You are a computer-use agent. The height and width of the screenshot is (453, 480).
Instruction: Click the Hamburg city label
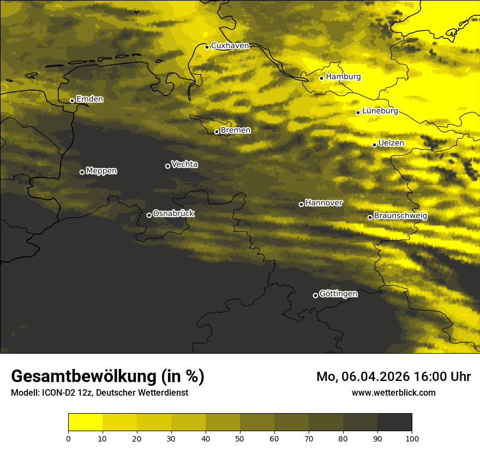click(x=343, y=77)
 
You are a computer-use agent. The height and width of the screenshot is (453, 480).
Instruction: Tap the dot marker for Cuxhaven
click(x=207, y=47)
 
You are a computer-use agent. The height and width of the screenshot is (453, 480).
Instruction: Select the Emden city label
click(x=89, y=99)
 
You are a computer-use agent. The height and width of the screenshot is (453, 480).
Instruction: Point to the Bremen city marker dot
click(x=217, y=132)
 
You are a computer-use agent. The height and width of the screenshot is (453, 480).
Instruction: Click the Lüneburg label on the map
click(x=380, y=111)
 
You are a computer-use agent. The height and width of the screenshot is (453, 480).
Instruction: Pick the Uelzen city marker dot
click(x=375, y=145)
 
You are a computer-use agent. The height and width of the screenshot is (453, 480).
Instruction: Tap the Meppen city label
click(x=101, y=171)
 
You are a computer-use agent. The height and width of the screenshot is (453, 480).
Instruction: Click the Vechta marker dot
click(x=167, y=166)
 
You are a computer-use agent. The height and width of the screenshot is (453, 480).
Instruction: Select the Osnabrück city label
click(x=173, y=214)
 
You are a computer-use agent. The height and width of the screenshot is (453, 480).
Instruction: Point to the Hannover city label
click(x=324, y=203)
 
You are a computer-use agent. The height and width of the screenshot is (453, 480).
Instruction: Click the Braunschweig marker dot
click(x=370, y=217)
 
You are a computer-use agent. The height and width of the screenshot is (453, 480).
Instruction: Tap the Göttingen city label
click(x=338, y=294)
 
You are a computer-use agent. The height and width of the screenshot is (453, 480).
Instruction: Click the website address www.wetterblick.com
click(x=393, y=392)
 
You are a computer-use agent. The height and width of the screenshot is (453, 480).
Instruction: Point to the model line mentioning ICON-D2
click(x=99, y=392)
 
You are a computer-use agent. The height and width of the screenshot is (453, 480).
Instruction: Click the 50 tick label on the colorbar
click(x=240, y=438)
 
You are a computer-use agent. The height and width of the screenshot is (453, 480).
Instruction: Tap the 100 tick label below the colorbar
click(x=412, y=438)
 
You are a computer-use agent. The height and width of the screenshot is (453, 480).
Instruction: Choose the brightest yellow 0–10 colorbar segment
click(x=85, y=422)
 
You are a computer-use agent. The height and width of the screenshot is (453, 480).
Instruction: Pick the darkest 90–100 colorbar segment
click(x=394, y=422)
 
